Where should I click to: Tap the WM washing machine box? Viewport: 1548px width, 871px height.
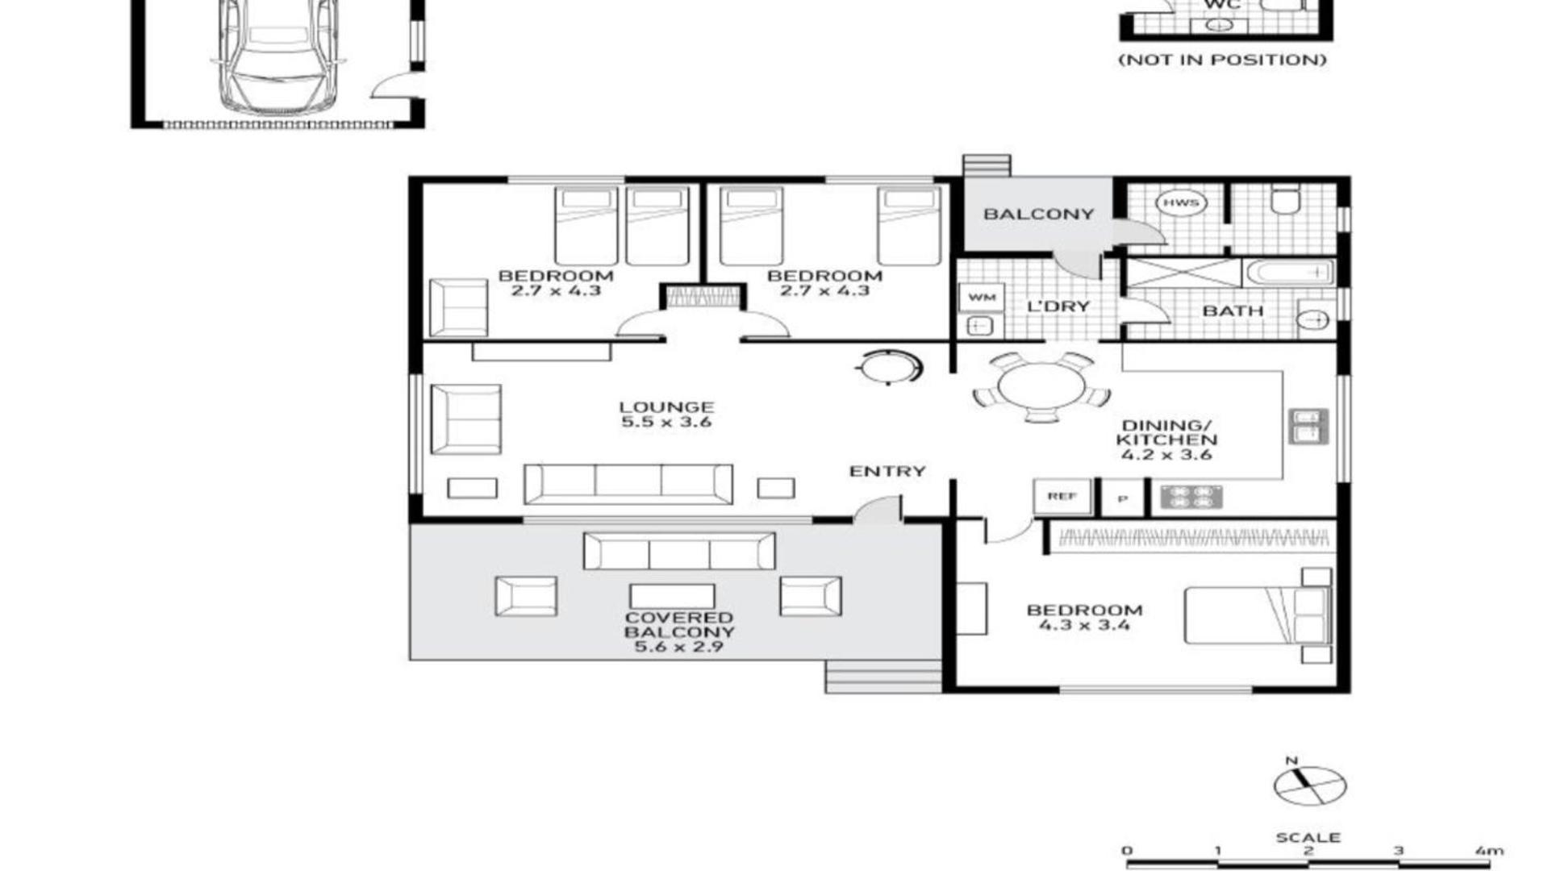(982, 297)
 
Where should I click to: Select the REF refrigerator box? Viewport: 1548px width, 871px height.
(1062, 496)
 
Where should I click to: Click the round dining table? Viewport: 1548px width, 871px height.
(1041, 385)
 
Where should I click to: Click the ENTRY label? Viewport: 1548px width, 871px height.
(887, 472)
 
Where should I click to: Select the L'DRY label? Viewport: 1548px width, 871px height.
(1058, 306)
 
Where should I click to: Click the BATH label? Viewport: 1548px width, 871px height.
(1233, 310)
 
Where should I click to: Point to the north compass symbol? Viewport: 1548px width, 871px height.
(1309, 784)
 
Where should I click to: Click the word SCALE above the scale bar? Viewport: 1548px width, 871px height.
(1308, 838)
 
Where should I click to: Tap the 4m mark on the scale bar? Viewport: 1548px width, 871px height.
(1489, 851)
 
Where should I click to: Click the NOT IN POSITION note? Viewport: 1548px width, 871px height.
(1222, 60)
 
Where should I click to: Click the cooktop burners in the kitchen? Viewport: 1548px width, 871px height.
(1191, 497)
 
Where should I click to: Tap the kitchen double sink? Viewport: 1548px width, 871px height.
(1308, 426)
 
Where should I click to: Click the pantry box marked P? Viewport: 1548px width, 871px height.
(1123, 498)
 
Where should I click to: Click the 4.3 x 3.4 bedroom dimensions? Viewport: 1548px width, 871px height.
(1084, 625)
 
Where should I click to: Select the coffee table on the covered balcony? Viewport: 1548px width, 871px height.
(672, 596)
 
